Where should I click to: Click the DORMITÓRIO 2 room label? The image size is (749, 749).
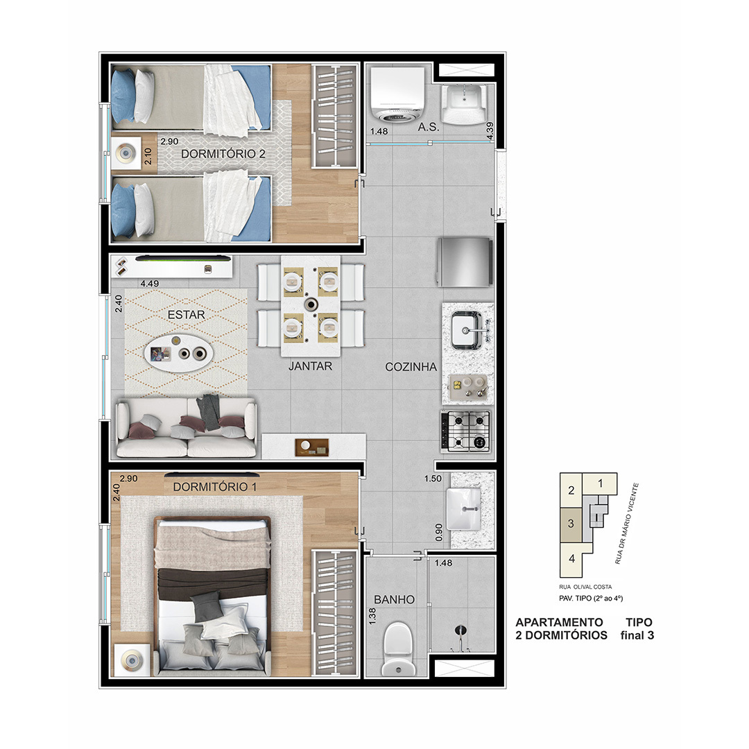coord(223,154)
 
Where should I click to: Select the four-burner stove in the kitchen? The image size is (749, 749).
coord(466,431)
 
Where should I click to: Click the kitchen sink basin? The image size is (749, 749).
coord(466,329)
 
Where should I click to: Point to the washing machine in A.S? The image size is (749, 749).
coord(397,95)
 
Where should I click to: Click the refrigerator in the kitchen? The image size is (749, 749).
coord(464,262)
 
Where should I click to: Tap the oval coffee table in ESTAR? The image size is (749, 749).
coord(179,353)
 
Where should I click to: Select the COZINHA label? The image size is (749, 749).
coord(411,367)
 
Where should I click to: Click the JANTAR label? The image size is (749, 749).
coord(310,366)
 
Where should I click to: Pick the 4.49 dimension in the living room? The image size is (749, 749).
coord(150,283)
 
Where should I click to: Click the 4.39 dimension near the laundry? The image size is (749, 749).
coord(490,131)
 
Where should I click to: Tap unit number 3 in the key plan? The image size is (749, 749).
coord(571,524)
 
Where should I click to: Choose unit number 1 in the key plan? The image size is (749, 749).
coord(601,483)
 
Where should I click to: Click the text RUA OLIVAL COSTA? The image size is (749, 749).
coord(585,587)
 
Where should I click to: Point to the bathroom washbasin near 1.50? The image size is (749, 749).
coord(463,509)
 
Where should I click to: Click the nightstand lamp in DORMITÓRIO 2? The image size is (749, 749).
coord(126,153)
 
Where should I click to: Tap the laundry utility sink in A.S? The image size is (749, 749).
coord(464,104)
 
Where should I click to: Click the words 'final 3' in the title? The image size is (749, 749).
coord(637,635)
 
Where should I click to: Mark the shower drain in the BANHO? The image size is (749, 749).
coord(459,630)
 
